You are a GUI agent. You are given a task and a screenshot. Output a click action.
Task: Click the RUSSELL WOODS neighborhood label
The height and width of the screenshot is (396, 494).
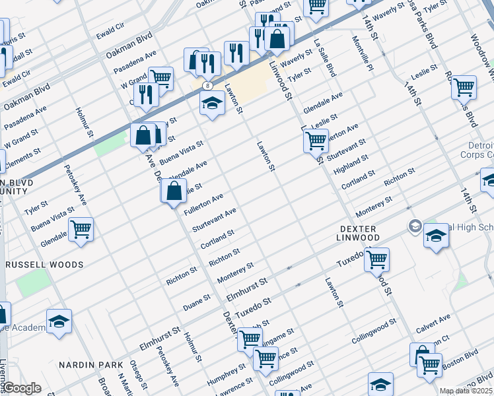[x=44, y=265]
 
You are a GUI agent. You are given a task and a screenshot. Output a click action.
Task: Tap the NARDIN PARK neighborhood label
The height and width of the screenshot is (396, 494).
[x=91, y=365]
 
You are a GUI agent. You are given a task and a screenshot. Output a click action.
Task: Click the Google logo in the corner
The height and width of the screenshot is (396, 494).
[x=22, y=388]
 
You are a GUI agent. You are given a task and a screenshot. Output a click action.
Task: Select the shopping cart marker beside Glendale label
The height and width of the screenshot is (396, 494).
[x=81, y=229]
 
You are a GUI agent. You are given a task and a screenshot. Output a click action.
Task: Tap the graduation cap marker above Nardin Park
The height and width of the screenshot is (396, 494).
[x=59, y=321]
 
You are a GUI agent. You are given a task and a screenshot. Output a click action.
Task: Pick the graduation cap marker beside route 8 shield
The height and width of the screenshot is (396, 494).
[x=212, y=103]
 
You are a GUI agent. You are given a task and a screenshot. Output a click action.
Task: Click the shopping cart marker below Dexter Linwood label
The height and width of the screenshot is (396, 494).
[x=376, y=259]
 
